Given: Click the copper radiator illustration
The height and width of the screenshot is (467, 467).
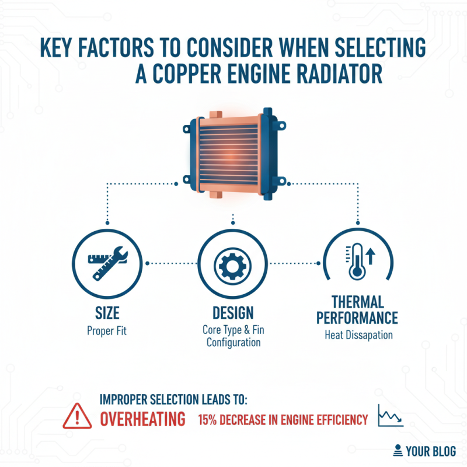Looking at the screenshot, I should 233,154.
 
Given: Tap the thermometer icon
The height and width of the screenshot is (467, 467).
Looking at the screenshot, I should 355,263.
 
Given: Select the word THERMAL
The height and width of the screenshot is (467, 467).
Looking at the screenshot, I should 357,302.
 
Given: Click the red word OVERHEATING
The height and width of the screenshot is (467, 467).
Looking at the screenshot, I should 142,419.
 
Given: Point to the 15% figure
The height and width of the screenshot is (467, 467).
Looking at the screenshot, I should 210,420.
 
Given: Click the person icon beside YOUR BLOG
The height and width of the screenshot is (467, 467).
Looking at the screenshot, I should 398,450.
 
